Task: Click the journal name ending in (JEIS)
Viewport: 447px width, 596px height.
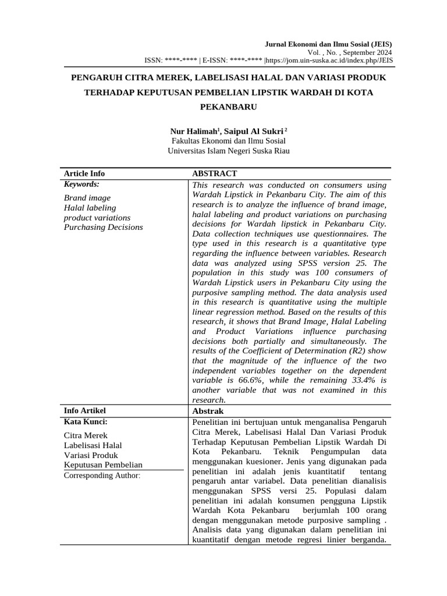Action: click(328, 44)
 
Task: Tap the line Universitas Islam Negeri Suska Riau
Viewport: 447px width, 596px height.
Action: click(228, 150)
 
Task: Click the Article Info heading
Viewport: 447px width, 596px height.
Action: click(84, 173)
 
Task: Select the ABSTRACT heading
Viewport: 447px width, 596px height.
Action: click(214, 173)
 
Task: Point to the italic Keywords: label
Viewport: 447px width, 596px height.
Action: click(81, 184)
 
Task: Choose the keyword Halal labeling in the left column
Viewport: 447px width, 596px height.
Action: click(90, 208)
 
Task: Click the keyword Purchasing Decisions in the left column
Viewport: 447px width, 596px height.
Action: click(103, 227)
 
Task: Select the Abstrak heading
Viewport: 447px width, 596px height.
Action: click(207, 411)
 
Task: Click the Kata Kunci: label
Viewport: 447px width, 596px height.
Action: click(86, 421)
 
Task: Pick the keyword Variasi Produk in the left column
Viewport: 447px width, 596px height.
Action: click(91, 455)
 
